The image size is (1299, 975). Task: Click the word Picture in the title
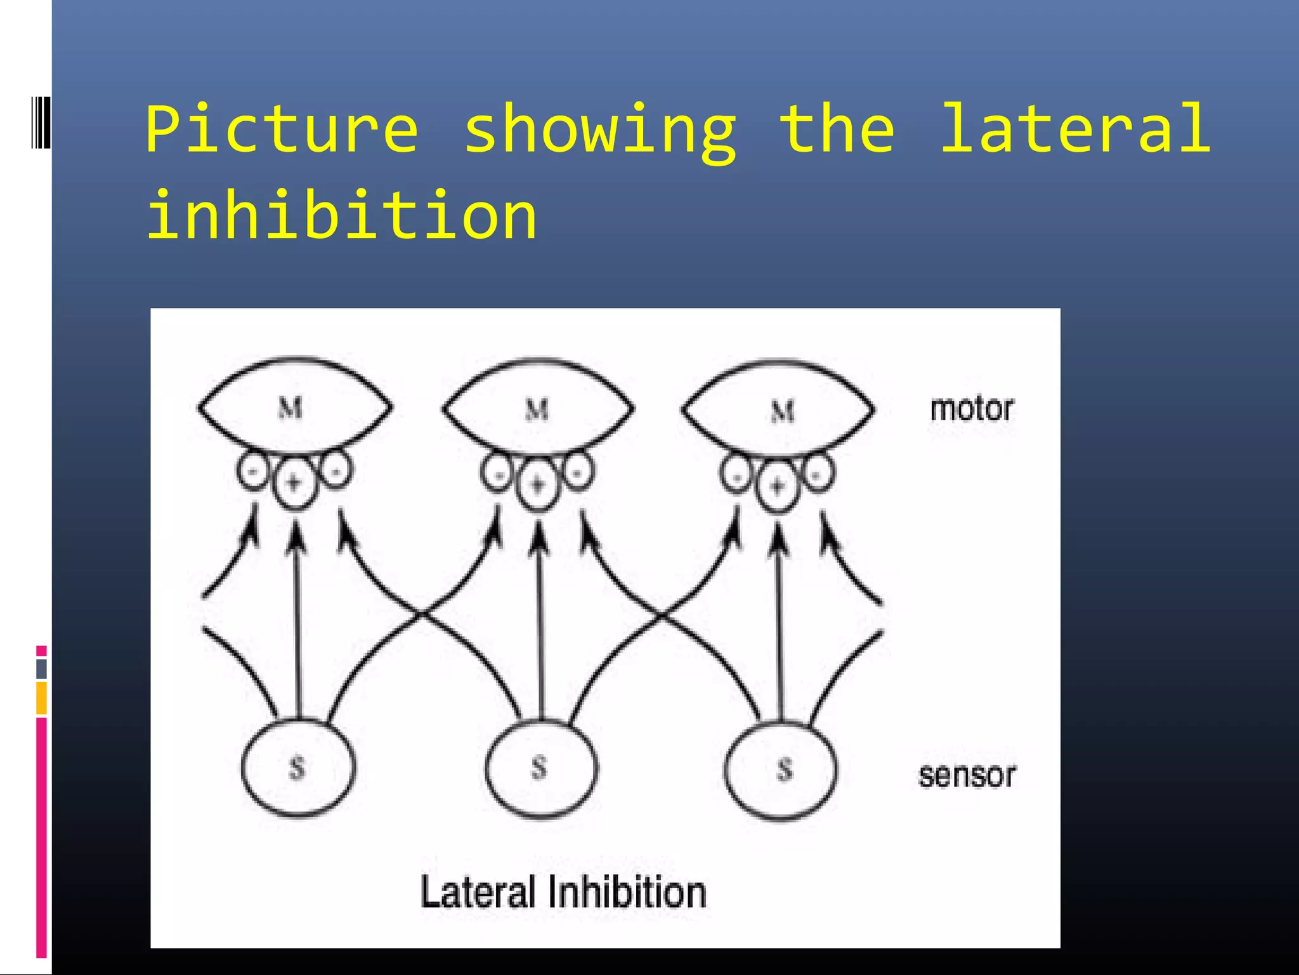click(282, 129)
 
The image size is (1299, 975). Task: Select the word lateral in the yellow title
click(1074, 129)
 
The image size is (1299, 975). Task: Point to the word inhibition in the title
click(341, 216)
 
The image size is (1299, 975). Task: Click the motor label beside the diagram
click(972, 409)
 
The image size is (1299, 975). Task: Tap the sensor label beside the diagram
click(967, 776)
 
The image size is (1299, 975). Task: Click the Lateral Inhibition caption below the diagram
click(563, 892)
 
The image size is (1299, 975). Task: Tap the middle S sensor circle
click(540, 768)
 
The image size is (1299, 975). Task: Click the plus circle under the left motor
click(294, 484)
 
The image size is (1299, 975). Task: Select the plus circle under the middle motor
click(537, 486)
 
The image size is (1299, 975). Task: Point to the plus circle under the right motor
click(778, 487)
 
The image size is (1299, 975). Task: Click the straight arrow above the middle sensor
click(540, 622)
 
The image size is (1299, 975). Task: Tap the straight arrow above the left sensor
click(297, 622)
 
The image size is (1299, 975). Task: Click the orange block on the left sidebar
click(41, 698)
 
